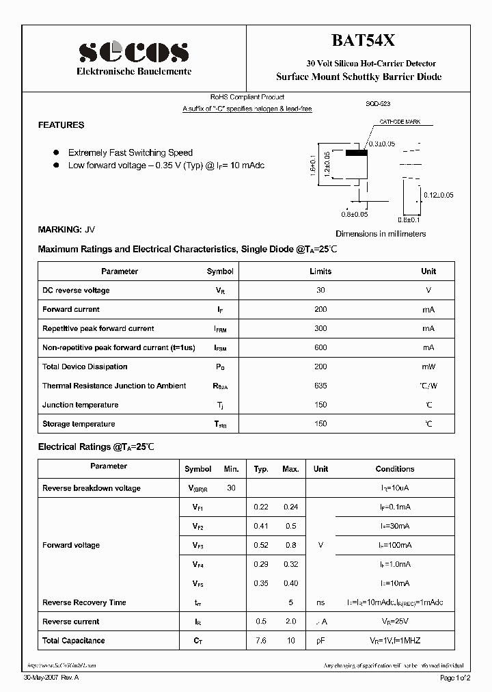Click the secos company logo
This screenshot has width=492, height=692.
[x=133, y=52]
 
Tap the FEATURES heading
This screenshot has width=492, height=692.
[x=61, y=125]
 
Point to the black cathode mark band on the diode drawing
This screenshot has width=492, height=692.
[x=356, y=153]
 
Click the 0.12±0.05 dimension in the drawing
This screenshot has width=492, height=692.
[x=438, y=195]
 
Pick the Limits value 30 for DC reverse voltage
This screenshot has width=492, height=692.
[x=320, y=291]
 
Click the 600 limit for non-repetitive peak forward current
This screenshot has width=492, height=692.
[x=320, y=348]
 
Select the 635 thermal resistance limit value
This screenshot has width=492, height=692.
[x=320, y=386]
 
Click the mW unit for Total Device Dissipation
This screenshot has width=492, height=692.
[x=428, y=367]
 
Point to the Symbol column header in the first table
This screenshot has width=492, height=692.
[x=220, y=271]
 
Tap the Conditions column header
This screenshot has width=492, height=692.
[x=395, y=469]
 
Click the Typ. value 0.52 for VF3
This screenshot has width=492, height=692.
[x=261, y=545]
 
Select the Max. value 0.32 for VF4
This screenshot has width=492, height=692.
[x=291, y=564]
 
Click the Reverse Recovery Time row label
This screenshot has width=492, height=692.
[x=84, y=602]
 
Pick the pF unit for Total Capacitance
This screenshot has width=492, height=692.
[x=320, y=641]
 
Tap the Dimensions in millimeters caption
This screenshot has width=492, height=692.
[x=381, y=234]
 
